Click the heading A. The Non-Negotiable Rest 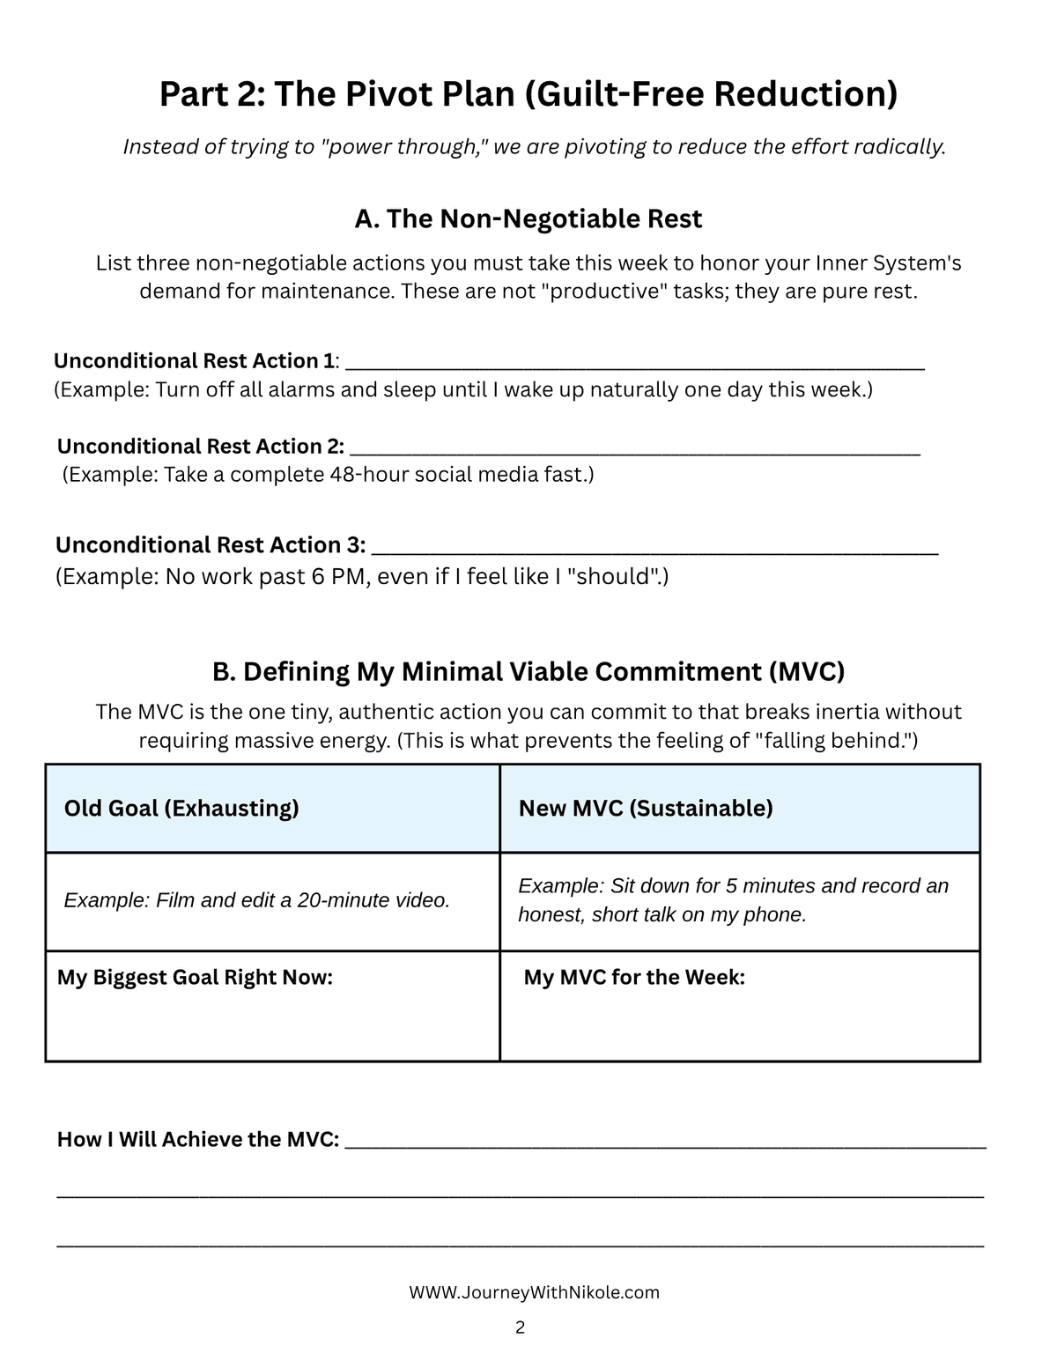[x=528, y=218]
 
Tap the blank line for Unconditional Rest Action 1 [x=636, y=363]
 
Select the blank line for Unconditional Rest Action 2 [x=634, y=448]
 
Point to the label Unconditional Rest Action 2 [x=200, y=446]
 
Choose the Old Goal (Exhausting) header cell [x=272, y=808]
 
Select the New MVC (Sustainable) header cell [x=739, y=808]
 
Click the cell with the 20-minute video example [x=272, y=900]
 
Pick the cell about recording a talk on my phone [x=739, y=900]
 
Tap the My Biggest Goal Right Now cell [x=272, y=1005]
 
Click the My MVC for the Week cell [x=739, y=1005]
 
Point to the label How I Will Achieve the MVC [x=198, y=1139]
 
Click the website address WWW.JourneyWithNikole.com [x=534, y=1292]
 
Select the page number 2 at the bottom [x=520, y=1327]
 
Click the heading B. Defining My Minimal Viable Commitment [x=528, y=671]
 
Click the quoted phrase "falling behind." [x=833, y=740]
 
